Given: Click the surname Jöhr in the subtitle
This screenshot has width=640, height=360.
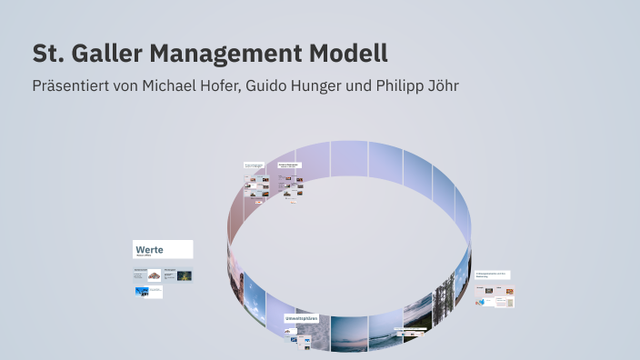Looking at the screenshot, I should click(x=438, y=86).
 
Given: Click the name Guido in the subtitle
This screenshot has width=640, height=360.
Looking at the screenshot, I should click(x=266, y=86).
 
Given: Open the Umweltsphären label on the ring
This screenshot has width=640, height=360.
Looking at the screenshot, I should click(x=302, y=319).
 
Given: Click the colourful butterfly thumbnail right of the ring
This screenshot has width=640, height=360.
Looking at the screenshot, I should click(x=509, y=291).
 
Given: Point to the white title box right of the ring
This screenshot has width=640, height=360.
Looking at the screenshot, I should click(x=492, y=275).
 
